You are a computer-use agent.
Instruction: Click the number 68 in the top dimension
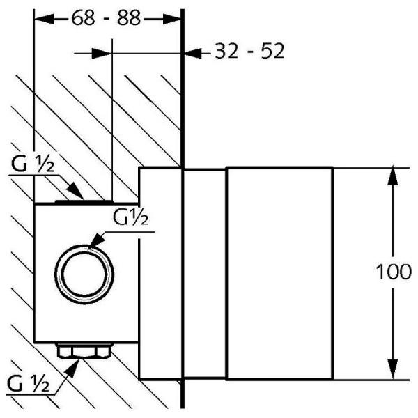pyautogui.click(x=83, y=19)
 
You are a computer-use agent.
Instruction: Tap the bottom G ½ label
pyautogui.click(x=28, y=382)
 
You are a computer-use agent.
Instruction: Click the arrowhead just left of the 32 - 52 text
pyautogui.click(x=192, y=52)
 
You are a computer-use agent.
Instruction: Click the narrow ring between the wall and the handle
pyautogui.click(x=203, y=274)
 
